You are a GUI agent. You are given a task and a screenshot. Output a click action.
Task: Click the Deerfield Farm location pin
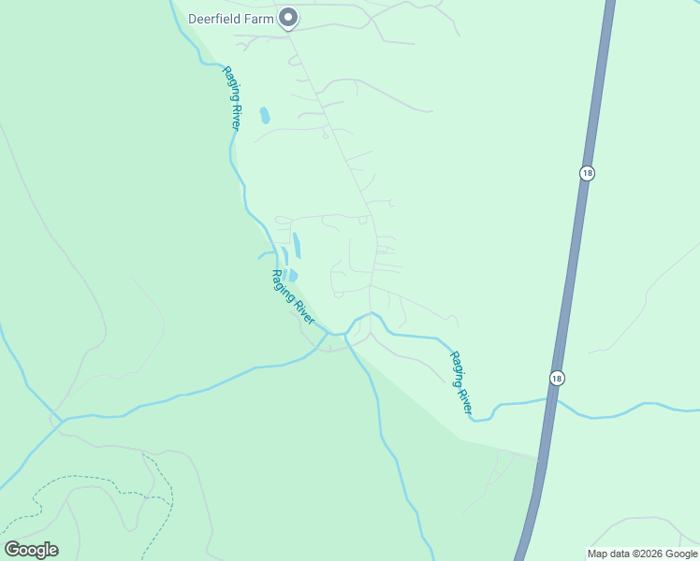pyautogui.click(x=289, y=17)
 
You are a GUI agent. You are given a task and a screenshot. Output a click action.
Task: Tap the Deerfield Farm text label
pyautogui.click(x=231, y=18)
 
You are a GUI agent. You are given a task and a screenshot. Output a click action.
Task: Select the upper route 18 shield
pyautogui.click(x=587, y=173)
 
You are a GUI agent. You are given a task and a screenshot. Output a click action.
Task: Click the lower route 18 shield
pyautogui.click(x=558, y=377)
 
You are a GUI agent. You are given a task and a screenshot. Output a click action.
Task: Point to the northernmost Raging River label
pyautogui.click(x=231, y=97)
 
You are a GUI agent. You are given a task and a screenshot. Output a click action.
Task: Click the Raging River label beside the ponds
pyautogui.click(x=292, y=298)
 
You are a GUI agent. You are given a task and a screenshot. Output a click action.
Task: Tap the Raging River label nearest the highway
pyautogui.click(x=462, y=383)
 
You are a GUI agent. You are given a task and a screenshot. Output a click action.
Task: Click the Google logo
pyautogui.click(x=31, y=550)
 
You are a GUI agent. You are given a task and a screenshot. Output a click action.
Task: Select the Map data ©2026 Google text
pyautogui.click(x=642, y=554)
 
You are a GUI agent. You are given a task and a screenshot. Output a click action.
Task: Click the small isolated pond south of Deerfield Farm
pyautogui.click(x=265, y=116)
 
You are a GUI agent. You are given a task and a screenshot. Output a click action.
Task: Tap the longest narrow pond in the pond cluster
pyautogui.click(x=297, y=246)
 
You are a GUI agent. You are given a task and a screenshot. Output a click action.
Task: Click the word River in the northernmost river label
pyautogui.click(x=234, y=114)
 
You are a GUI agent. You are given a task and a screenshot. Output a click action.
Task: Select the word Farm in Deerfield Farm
pyautogui.click(x=259, y=18)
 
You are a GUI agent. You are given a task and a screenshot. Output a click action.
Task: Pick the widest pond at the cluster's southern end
pyautogui.click(x=293, y=275)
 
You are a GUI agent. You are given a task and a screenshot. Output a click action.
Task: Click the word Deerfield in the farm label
pyautogui.click(x=215, y=18)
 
